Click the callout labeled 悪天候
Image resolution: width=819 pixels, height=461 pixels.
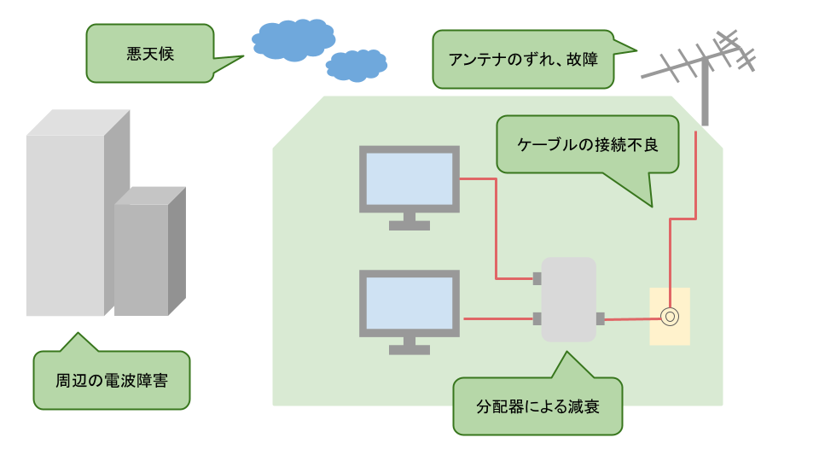pos(149,52)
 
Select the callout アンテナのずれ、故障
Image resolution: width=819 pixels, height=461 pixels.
pos(523,60)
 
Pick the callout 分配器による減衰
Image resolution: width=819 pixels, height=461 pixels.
pos(537,406)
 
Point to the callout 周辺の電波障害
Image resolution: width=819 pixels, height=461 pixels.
pos(111,380)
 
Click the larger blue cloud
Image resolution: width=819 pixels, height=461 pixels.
pos(293,39)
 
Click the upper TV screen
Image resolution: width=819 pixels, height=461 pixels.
pos(409,178)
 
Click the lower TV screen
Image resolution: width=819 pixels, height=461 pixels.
pos(409,303)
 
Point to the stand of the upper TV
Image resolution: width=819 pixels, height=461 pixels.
pos(409,221)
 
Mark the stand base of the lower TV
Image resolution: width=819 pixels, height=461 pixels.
pos(409,349)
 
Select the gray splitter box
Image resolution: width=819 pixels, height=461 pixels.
pos(569,299)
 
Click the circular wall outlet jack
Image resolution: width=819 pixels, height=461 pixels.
pos(670,318)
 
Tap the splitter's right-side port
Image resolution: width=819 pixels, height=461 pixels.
pos(601,318)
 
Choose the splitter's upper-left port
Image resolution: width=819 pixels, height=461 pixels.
pos(537,278)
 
